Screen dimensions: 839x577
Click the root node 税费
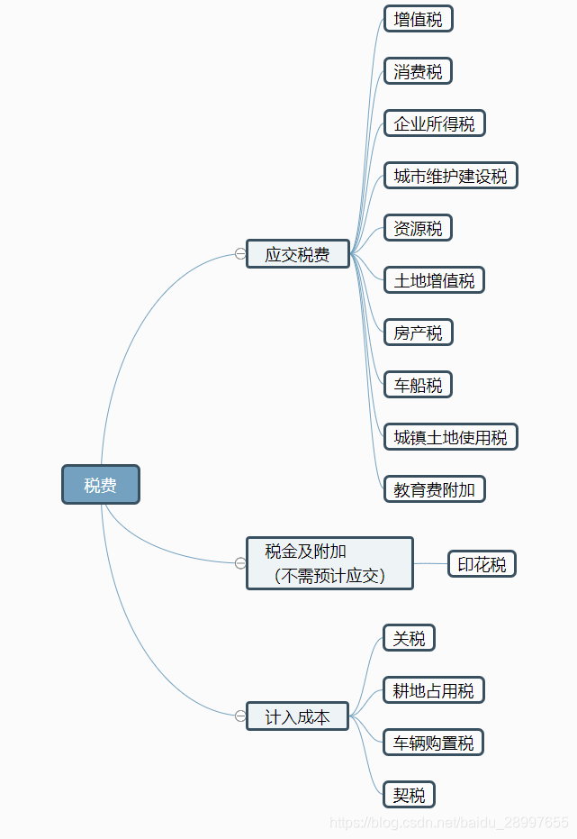point(101,485)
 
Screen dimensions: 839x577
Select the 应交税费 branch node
point(298,254)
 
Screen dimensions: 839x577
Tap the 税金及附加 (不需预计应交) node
point(329,563)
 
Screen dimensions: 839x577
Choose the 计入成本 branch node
point(297,716)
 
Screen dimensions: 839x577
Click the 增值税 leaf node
point(418,19)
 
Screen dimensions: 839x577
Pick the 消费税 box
point(418,71)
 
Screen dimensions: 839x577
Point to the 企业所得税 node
point(434,123)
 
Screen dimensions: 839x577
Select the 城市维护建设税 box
point(450,176)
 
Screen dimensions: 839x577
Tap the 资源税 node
point(418,228)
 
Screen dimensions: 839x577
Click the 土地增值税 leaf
point(434,280)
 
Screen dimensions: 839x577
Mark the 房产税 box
point(418,333)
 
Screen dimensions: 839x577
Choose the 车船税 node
point(418,385)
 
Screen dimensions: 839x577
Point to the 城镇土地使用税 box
point(450,437)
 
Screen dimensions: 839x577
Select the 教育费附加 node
point(434,489)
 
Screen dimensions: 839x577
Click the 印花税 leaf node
point(482,564)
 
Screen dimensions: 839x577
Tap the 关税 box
point(409,638)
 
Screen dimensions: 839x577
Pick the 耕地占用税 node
point(434,690)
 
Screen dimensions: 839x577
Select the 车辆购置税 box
point(434,743)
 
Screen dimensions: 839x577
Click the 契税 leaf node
point(409,795)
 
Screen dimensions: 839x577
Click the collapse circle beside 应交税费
point(240,254)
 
